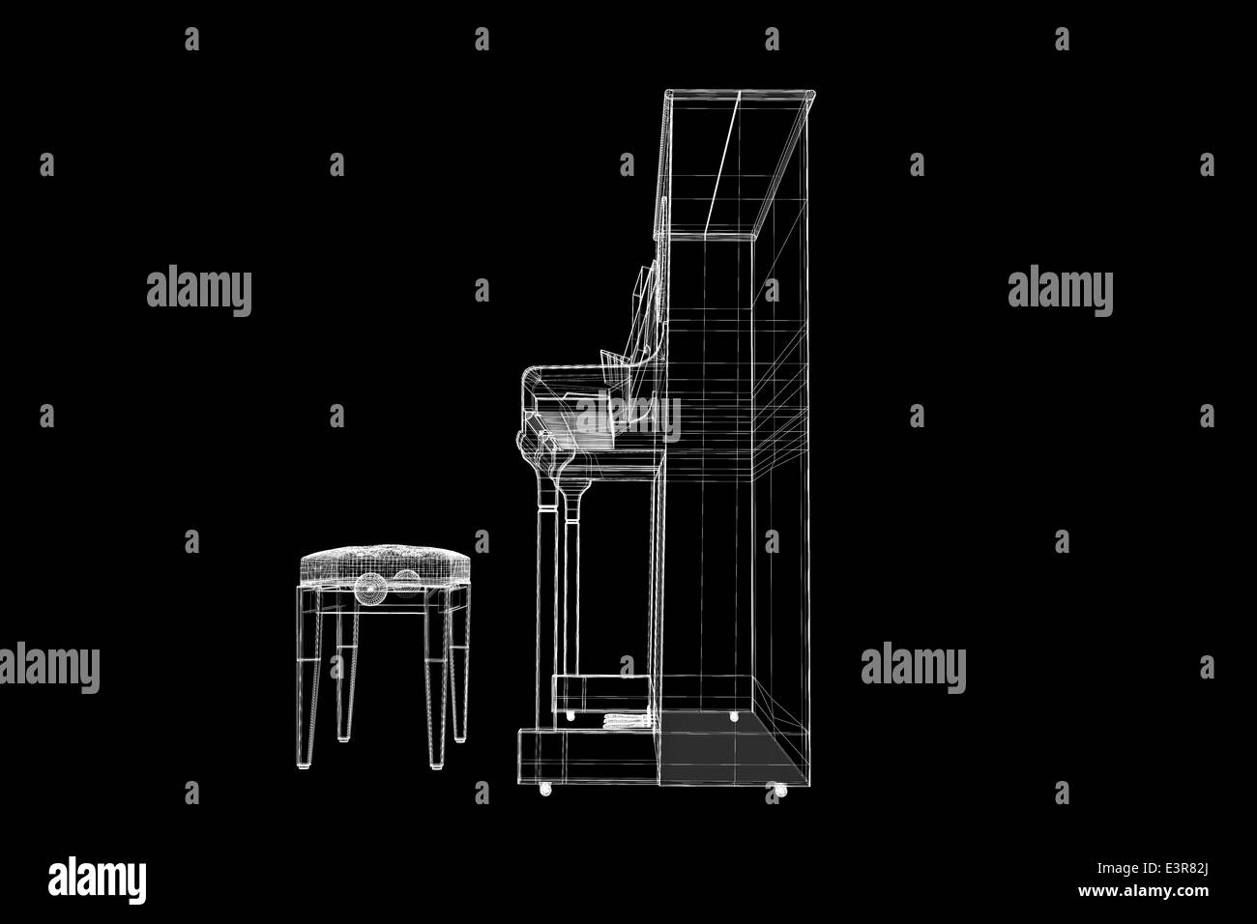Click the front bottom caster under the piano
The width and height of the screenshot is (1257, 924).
click(x=545, y=789)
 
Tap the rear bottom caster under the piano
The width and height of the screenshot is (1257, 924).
click(x=780, y=790)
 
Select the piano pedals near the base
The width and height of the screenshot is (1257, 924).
click(x=627, y=721)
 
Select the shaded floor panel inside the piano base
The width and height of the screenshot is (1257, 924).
click(x=729, y=749)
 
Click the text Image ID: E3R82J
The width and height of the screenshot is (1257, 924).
click(x=1152, y=869)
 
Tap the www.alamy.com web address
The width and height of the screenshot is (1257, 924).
click(x=1143, y=891)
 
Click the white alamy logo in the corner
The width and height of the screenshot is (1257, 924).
click(x=97, y=880)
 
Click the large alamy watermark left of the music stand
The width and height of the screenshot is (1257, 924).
click(x=199, y=290)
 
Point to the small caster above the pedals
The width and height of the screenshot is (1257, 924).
click(x=570, y=716)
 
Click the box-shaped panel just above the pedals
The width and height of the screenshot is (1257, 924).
click(x=601, y=695)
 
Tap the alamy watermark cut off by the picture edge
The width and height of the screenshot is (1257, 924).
click(x=50, y=667)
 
